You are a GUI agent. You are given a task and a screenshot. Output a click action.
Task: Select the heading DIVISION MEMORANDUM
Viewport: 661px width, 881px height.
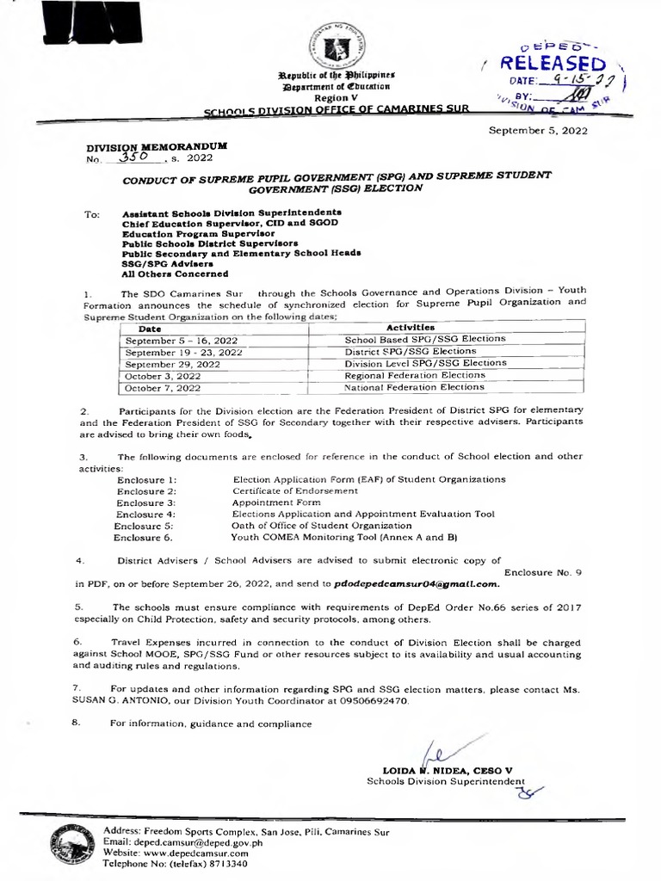[x=155, y=146]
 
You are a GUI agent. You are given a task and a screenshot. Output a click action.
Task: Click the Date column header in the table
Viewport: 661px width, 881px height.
[x=151, y=328]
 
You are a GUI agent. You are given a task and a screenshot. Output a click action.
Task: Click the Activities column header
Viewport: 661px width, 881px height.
[x=411, y=328]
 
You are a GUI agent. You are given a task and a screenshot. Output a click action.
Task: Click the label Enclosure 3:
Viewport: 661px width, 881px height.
[x=146, y=502]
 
